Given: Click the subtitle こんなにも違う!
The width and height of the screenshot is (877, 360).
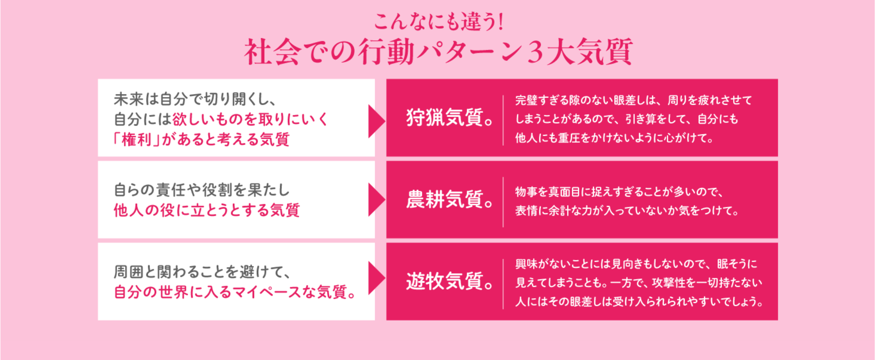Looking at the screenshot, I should [x=438, y=21].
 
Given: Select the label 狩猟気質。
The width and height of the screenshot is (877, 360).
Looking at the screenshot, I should [x=450, y=118].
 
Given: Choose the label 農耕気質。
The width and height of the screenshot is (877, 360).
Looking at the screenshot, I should [x=450, y=200].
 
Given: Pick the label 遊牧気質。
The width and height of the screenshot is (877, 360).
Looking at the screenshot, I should [x=450, y=282].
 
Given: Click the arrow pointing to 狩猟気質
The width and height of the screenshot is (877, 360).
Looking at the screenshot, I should [x=376, y=121].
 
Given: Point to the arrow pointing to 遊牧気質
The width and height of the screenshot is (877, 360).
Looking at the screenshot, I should [x=376, y=278].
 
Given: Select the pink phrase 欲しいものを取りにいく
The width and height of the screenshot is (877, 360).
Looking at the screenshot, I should [x=250, y=120].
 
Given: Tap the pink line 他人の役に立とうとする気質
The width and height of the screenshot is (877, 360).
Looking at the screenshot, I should [x=206, y=210].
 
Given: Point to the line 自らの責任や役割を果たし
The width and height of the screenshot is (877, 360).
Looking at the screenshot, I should [x=202, y=190].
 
